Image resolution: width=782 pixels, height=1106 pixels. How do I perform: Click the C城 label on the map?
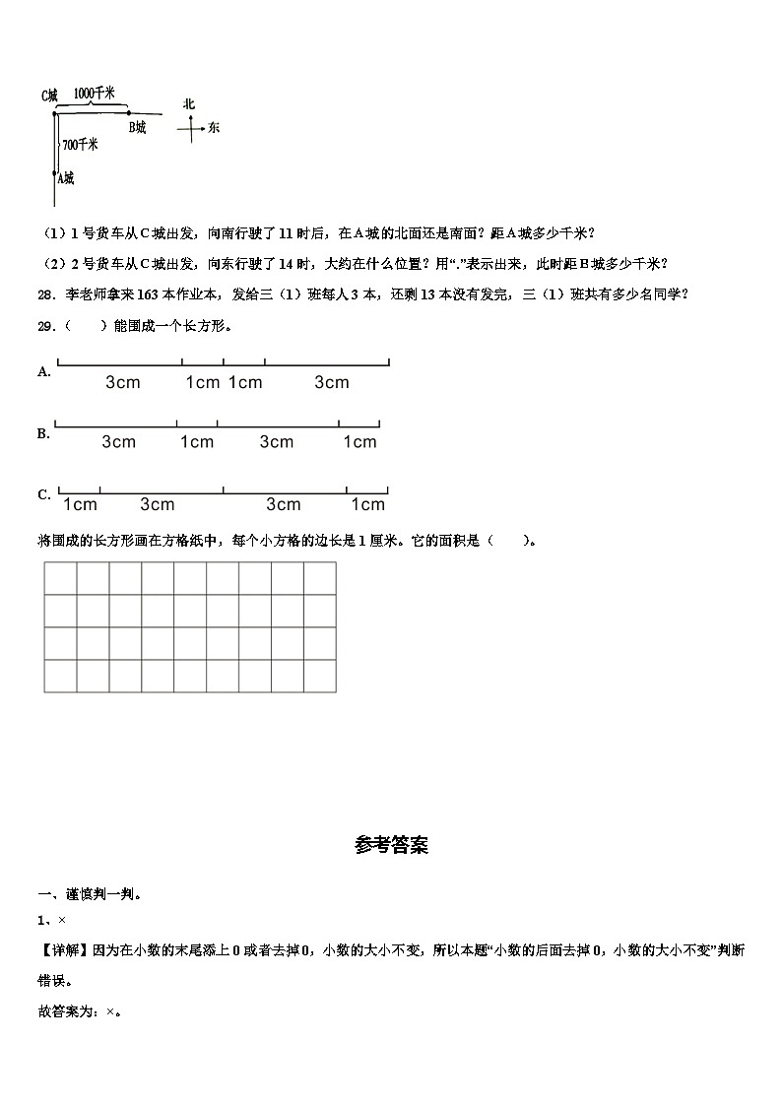coord(49,96)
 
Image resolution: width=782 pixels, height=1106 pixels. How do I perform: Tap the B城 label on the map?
coord(137,127)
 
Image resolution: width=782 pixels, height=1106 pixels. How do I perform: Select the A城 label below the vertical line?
coord(64,178)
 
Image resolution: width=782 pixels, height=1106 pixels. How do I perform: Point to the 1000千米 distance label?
coord(96,94)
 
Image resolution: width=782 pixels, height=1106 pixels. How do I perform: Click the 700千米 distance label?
coord(80,145)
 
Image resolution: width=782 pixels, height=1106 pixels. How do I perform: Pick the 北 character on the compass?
coord(189,104)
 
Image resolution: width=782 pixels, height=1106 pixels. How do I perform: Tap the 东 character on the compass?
coord(214,128)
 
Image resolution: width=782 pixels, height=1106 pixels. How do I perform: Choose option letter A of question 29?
coord(43,371)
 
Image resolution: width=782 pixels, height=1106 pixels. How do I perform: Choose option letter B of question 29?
coord(43,433)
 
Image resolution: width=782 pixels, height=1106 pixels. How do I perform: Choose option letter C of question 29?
coord(43,494)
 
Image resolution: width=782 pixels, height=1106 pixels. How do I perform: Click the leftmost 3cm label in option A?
coord(123,383)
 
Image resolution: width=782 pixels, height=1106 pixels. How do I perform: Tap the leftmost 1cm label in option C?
coord(80,505)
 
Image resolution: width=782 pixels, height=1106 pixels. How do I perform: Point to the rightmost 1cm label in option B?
coord(359,442)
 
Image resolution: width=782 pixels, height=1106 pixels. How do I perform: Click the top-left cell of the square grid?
coord(60,578)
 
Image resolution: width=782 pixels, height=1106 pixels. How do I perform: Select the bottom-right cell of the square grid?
coord(319,676)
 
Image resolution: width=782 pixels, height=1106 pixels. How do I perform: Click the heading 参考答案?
coord(391,845)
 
